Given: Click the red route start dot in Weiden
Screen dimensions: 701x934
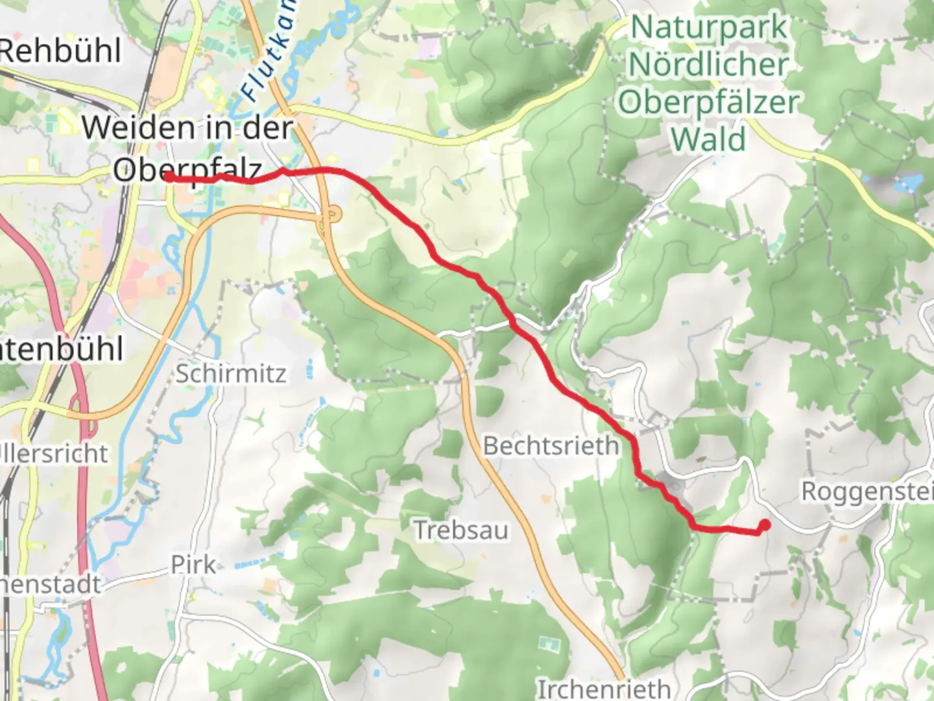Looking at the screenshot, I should [x=169, y=177].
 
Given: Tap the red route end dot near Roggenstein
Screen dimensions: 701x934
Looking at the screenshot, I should [x=765, y=525].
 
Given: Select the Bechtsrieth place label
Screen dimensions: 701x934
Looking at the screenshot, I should [x=551, y=446].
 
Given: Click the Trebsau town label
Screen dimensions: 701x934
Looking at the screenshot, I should [x=461, y=530].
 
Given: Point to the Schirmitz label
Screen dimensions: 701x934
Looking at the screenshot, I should [x=230, y=374].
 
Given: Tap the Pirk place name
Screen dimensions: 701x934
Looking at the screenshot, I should [x=193, y=565].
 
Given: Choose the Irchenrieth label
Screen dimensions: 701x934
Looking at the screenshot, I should [x=603, y=688].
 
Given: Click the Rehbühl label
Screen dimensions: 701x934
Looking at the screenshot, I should [x=60, y=51].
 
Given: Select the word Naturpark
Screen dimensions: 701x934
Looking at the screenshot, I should [x=709, y=27].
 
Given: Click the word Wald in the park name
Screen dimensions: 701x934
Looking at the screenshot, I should [x=708, y=140].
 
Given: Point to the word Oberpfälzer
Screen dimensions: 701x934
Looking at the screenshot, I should [x=708, y=103].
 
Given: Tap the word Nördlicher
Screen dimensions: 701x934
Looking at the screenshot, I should [x=708, y=64].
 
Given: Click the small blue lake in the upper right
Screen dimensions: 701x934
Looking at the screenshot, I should [x=907, y=182].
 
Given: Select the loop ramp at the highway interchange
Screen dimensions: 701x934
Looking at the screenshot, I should [x=331, y=214].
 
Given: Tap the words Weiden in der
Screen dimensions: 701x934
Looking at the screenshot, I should [x=187, y=127].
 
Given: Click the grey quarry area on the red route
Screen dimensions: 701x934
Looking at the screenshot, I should [x=671, y=485].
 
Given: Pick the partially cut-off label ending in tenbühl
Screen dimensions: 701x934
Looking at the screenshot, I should [x=62, y=349].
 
